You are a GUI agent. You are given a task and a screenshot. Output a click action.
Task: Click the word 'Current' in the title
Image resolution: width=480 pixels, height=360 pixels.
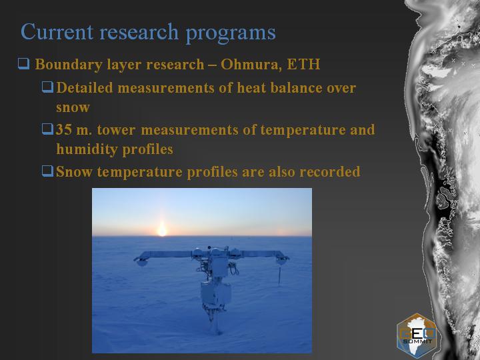click(57, 32)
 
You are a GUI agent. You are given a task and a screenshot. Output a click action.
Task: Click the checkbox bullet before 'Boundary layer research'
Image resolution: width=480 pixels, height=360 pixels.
click(23, 64)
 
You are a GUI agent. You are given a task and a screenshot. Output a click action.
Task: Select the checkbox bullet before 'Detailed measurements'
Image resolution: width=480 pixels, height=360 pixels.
click(47, 87)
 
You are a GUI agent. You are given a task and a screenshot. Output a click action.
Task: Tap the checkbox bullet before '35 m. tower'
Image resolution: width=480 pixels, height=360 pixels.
click(47, 129)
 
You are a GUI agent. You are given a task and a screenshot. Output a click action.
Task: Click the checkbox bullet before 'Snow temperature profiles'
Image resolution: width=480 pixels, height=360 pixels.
click(47, 171)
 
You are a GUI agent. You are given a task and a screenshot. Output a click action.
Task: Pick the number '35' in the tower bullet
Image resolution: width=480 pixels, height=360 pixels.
click(64, 129)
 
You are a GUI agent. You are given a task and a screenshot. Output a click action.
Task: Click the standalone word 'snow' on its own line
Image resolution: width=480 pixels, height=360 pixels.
click(73, 108)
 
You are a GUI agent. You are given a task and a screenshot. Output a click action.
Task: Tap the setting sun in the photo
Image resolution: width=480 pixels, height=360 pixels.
click(161, 230)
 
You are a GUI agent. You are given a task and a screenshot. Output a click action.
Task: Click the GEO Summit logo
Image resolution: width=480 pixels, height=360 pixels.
click(417, 336)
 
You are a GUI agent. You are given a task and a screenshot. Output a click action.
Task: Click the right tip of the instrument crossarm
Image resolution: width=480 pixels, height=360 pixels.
click(288, 258)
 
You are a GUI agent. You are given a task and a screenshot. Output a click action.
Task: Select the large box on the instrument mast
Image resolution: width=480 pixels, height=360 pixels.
click(215, 293)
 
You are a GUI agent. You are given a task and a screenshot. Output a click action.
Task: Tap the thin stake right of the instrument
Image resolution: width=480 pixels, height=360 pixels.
click(279, 275)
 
